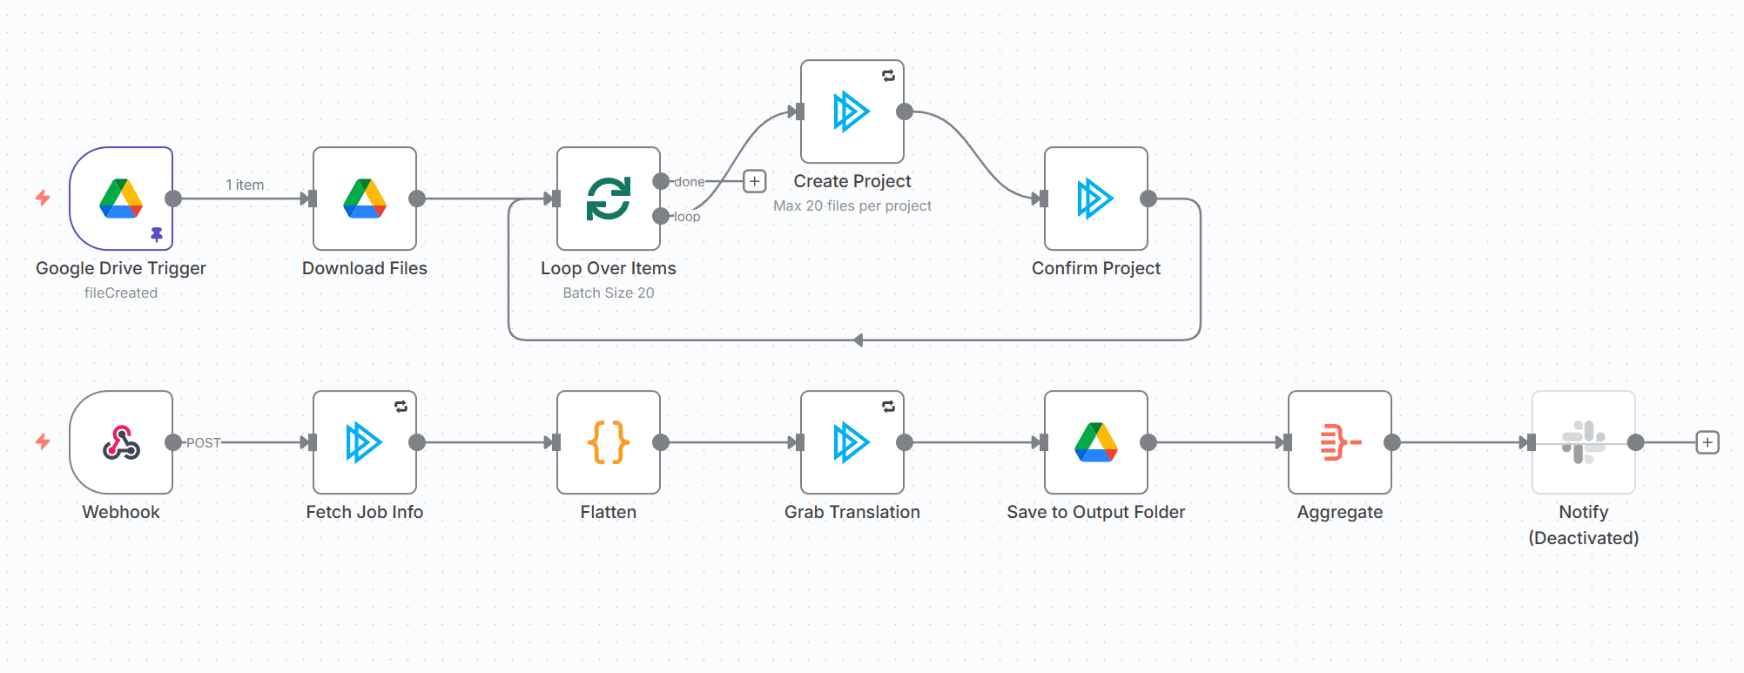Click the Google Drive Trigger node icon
point(121,199)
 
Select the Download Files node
point(365,199)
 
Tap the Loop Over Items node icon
point(609,199)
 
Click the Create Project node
point(852,111)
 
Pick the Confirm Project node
point(1096,199)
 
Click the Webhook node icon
point(121,442)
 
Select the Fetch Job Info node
point(365,442)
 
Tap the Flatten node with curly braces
point(609,442)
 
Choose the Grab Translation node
point(852,442)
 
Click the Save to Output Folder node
point(1096,442)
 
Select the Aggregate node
point(1340,442)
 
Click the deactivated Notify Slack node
point(1584,442)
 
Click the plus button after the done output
point(755,181)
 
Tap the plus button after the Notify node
point(1707,442)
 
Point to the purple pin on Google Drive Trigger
point(157,234)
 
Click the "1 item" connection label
point(245,185)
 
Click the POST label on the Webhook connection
point(203,442)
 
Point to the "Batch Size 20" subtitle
point(609,293)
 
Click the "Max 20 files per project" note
point(852,205)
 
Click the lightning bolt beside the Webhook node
point(43,442)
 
